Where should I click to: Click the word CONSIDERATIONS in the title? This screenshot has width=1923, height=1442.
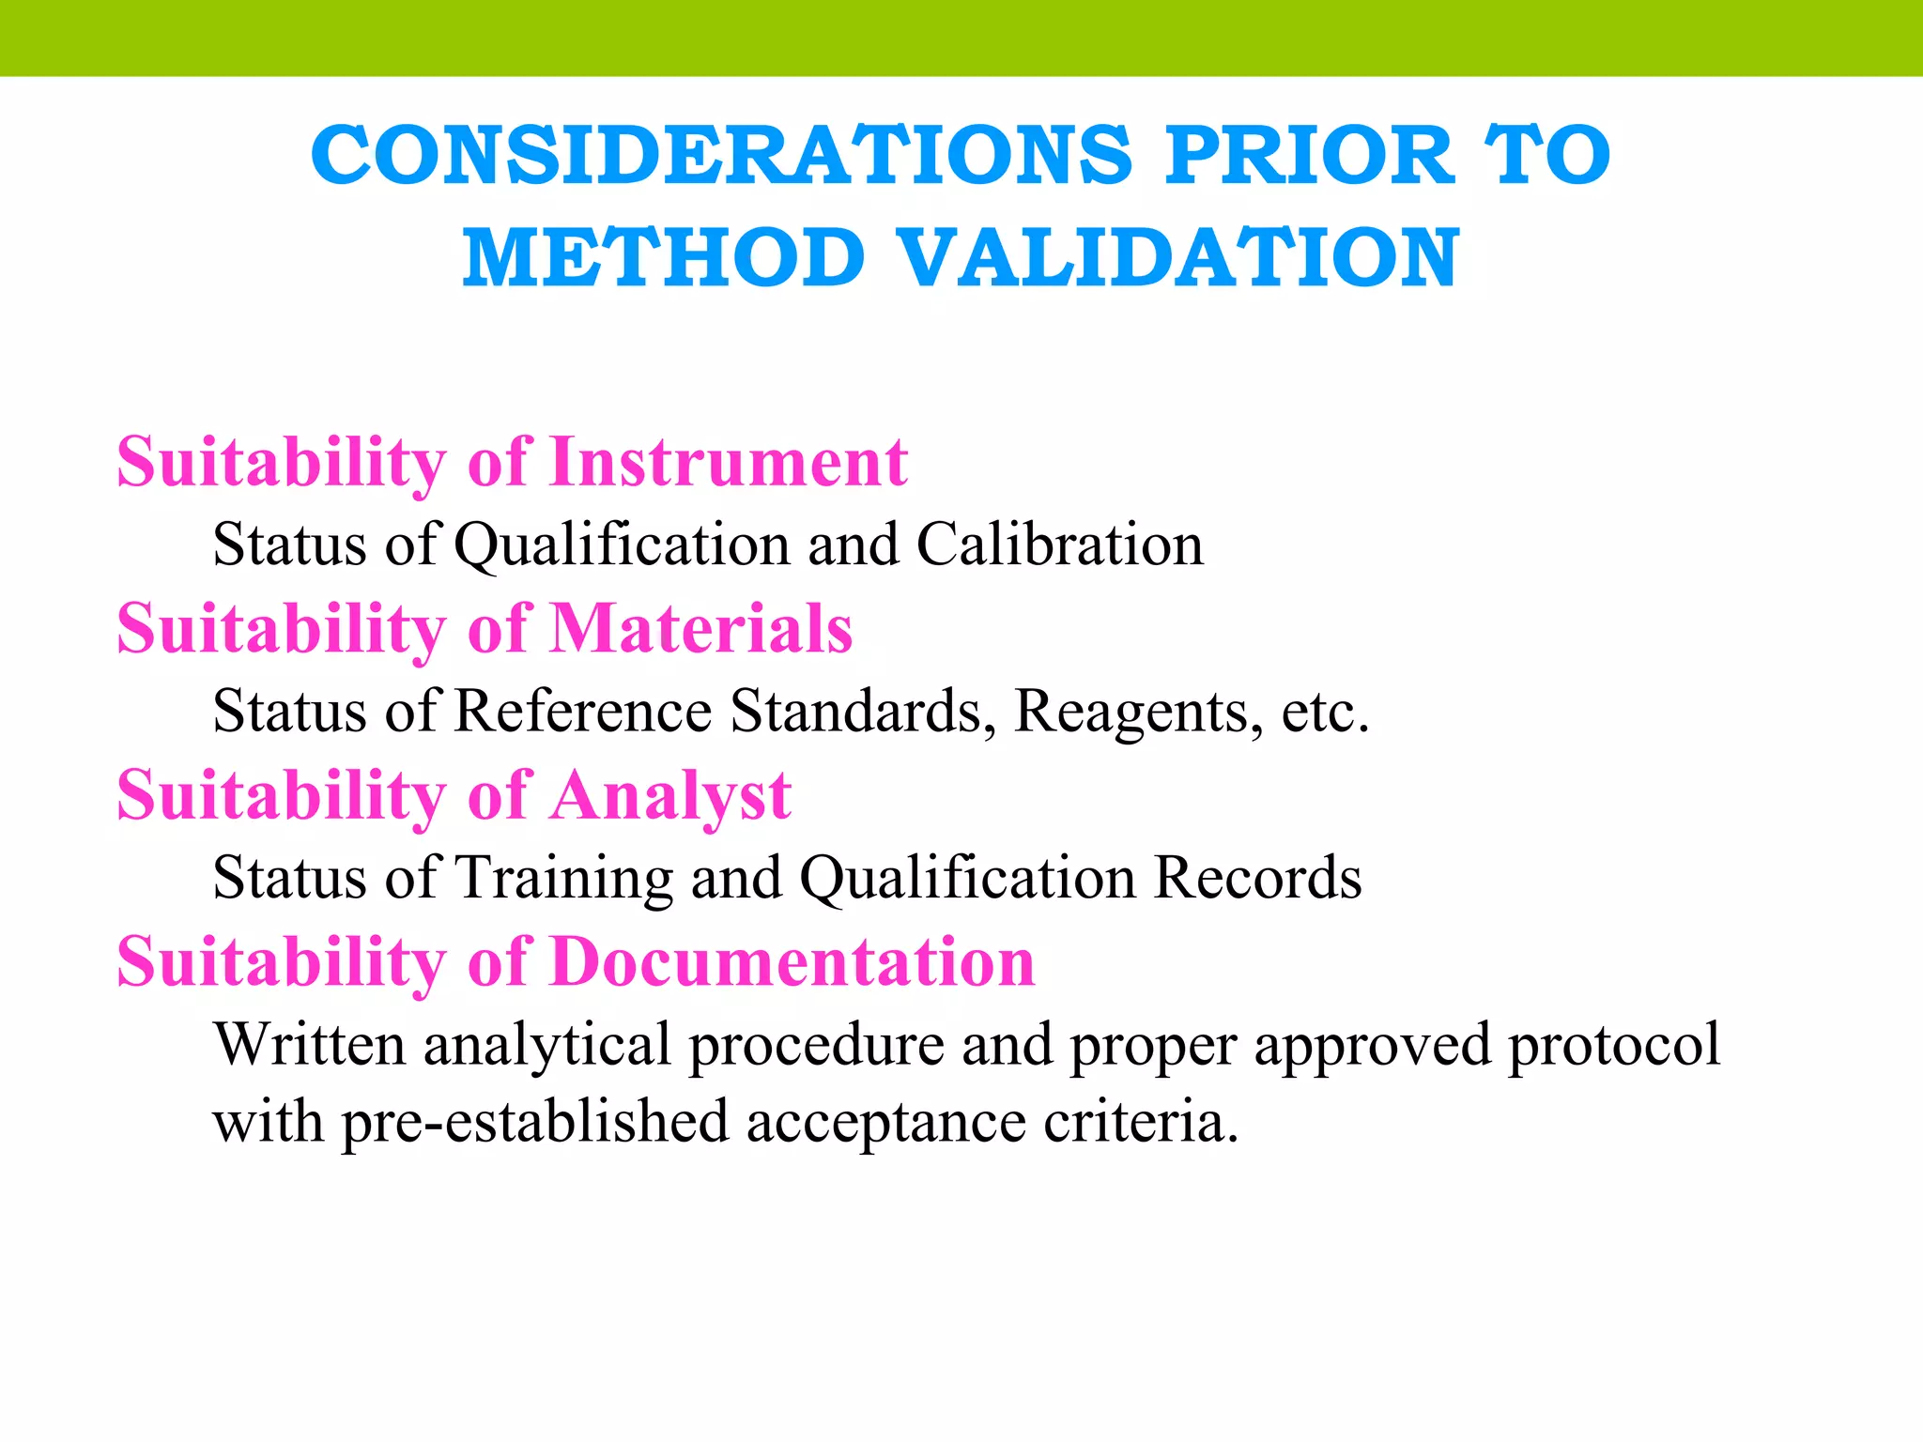(x=722, y=156)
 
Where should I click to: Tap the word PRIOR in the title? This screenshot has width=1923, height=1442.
(x=1309, y=156)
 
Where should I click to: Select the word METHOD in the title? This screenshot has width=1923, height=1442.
(x=663, y=258)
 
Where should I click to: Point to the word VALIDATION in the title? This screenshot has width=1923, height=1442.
(x=1178, y=258)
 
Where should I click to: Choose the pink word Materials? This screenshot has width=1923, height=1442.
(x=701, y=628)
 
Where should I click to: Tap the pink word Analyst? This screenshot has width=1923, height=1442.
(x=670, y=795)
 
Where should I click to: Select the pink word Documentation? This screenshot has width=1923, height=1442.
(x=792, y=962)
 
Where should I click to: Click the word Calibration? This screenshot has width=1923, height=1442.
(x=1060, y=545)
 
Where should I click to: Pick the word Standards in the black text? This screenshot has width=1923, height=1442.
(x=863, y=711)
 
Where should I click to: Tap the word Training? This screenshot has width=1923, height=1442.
(x=564, y=879)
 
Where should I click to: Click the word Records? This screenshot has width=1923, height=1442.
(x=1257, y=878)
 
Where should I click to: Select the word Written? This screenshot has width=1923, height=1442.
(x=310, y=1044)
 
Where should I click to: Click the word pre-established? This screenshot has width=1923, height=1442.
(x=535, y=1122)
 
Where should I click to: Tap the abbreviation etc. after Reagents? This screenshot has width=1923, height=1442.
(x=1325, y=712)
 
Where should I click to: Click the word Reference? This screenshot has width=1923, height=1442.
(x=583, y=711)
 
